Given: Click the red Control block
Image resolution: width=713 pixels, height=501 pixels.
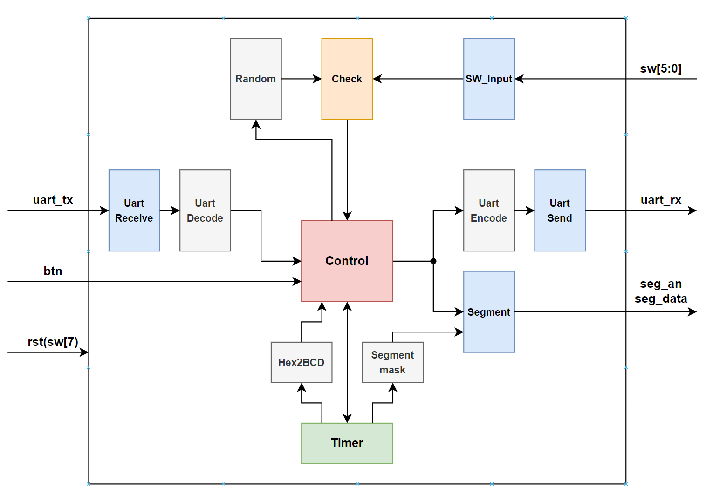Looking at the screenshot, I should (x=347, y=261).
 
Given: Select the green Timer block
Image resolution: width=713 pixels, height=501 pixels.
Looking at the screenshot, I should (x=347, y=443).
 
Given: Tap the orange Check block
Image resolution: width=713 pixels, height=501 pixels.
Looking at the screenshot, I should (x=347, y=79).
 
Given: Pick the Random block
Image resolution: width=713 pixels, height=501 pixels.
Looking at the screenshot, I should (x=255, y=79).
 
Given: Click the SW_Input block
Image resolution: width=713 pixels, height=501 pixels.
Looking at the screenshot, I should (x=488, y=79).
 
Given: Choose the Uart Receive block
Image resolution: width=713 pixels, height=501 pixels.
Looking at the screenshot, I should (x=134, y=210).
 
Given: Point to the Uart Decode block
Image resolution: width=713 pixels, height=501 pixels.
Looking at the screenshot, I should (x=205, y=210).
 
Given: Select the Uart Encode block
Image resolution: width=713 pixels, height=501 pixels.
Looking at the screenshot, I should (x=488, y=210).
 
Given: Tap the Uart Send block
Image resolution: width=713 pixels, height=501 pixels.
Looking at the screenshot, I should (x=560, y=210).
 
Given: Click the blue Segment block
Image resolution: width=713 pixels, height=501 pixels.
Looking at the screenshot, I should (x=488, y=311).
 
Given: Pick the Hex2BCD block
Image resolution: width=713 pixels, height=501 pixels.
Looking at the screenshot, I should (x=301, y=362).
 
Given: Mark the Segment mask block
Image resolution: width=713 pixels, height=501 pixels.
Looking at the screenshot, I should (x=392, y=362).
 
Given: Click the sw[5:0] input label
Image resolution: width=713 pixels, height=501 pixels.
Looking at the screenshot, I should (x=660, y=69).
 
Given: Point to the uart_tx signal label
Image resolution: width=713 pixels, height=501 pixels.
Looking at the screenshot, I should (x=53, y=200).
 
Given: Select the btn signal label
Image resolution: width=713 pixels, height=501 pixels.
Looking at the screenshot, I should (x=53, y=271).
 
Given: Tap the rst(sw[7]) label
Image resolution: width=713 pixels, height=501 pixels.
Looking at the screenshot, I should (x=53, y=342).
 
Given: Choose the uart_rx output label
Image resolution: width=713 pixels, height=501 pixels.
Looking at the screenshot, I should (x=660, y=200).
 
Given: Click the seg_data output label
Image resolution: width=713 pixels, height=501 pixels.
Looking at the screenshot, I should (x=660, y=299).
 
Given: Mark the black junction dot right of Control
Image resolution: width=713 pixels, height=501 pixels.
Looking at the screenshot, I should (x=433, y=261).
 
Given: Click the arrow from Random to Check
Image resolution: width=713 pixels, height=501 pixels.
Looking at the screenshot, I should (x=301, y=79).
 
